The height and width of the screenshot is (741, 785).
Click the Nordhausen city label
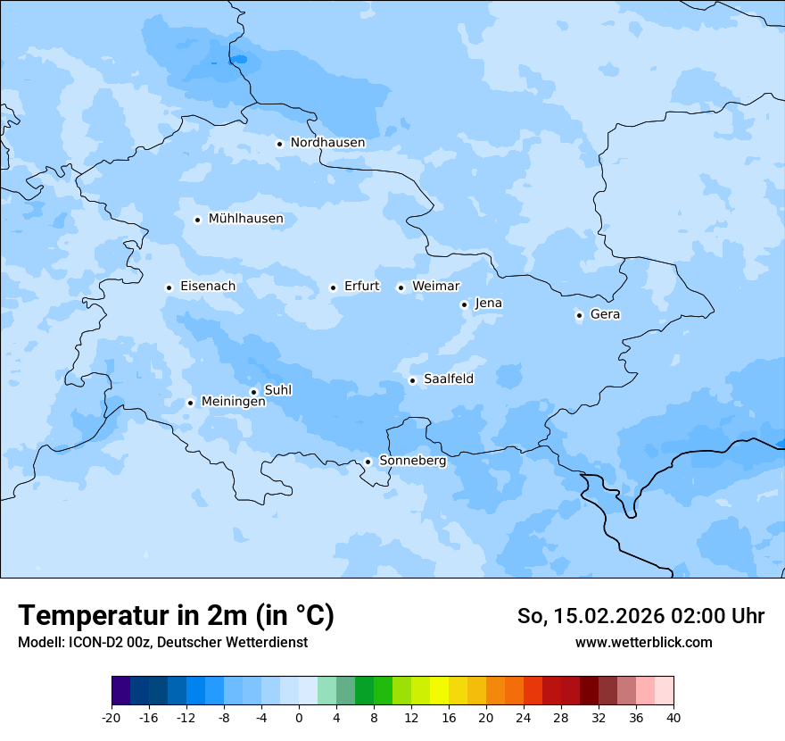click(327, 143)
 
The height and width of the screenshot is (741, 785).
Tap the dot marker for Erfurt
click(333, 287)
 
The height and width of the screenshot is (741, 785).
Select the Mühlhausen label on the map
click(245, 219)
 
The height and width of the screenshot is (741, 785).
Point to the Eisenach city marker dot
click(169, 287)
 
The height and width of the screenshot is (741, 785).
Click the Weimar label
click(435, 287)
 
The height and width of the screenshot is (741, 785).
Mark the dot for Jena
click(464, 304)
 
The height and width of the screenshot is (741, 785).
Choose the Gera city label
click(605, 314)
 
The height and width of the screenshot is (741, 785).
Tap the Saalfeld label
click(448, 379)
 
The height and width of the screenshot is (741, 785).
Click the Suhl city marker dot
click(253, 392)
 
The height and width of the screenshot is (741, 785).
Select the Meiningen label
click(233, 403)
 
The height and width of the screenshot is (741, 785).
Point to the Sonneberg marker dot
click(368, 462)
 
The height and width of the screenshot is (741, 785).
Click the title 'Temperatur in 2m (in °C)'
click(176, 616)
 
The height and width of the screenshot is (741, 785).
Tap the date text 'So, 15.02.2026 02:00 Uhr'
click(640, 616)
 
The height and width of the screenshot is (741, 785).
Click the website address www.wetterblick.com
click(643, 642)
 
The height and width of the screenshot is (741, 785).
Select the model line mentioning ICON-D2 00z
click(162, 642)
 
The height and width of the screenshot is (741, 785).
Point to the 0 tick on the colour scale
click(299, 717)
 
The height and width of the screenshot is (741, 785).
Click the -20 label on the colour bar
click(112, 717)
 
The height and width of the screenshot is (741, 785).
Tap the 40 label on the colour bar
click(673, 717)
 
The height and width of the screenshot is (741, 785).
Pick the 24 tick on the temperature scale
click(524, 717)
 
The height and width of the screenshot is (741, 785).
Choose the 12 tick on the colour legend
click(411, 717)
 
